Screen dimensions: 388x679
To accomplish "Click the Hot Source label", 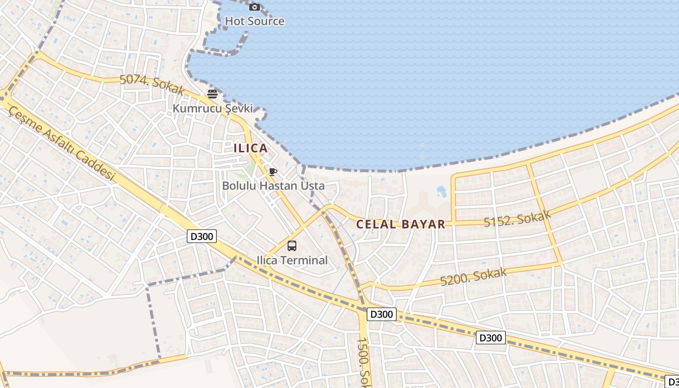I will [255, 21].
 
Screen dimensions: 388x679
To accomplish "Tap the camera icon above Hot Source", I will [255, 7].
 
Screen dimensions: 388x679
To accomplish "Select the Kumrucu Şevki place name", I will [212, 108].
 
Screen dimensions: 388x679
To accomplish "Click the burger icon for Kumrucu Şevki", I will [212, 94].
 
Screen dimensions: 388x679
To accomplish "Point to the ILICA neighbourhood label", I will [250, 148].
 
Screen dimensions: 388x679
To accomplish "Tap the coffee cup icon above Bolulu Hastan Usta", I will [273, 172].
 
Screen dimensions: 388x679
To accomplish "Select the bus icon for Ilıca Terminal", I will [292, 246].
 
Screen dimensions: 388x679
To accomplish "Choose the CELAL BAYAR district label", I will [401, 224].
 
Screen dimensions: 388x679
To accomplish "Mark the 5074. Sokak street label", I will [152, 85].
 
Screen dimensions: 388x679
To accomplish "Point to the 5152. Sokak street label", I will [517, 219].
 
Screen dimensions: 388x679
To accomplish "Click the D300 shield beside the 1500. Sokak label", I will [381, 314].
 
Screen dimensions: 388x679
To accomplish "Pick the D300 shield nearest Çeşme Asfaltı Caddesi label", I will [201, 237].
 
